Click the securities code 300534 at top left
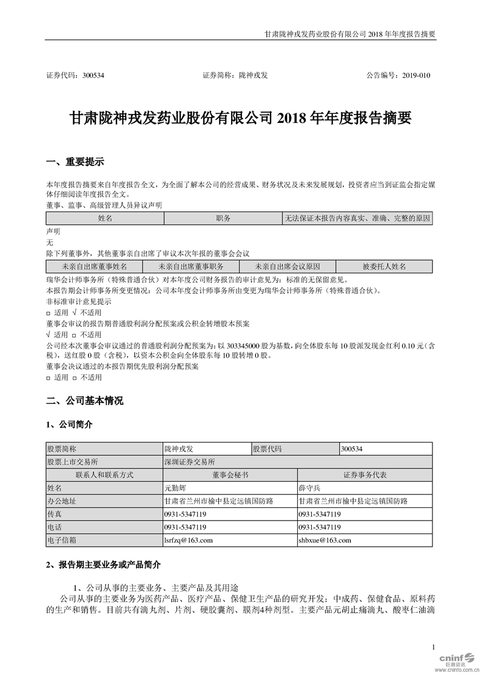point(96,76)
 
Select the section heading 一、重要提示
point(75,162)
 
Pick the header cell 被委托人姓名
point(384,266)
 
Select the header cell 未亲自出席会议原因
point(287,266)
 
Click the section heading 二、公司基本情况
point(85,401)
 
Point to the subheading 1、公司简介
point(70,425)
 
